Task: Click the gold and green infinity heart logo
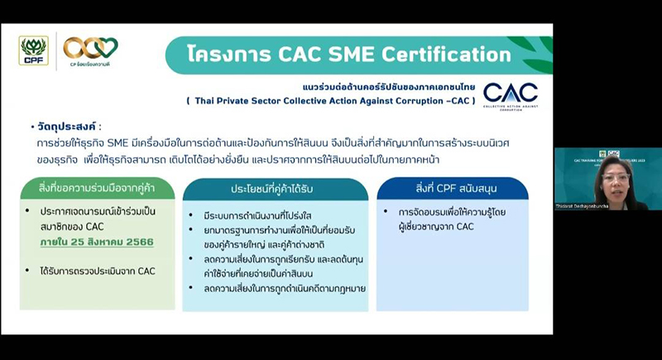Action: pos(90,47)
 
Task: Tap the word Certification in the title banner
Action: pos(444,55)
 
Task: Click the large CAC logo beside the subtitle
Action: pos(510,94)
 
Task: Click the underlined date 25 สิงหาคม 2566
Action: pos(107,242)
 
